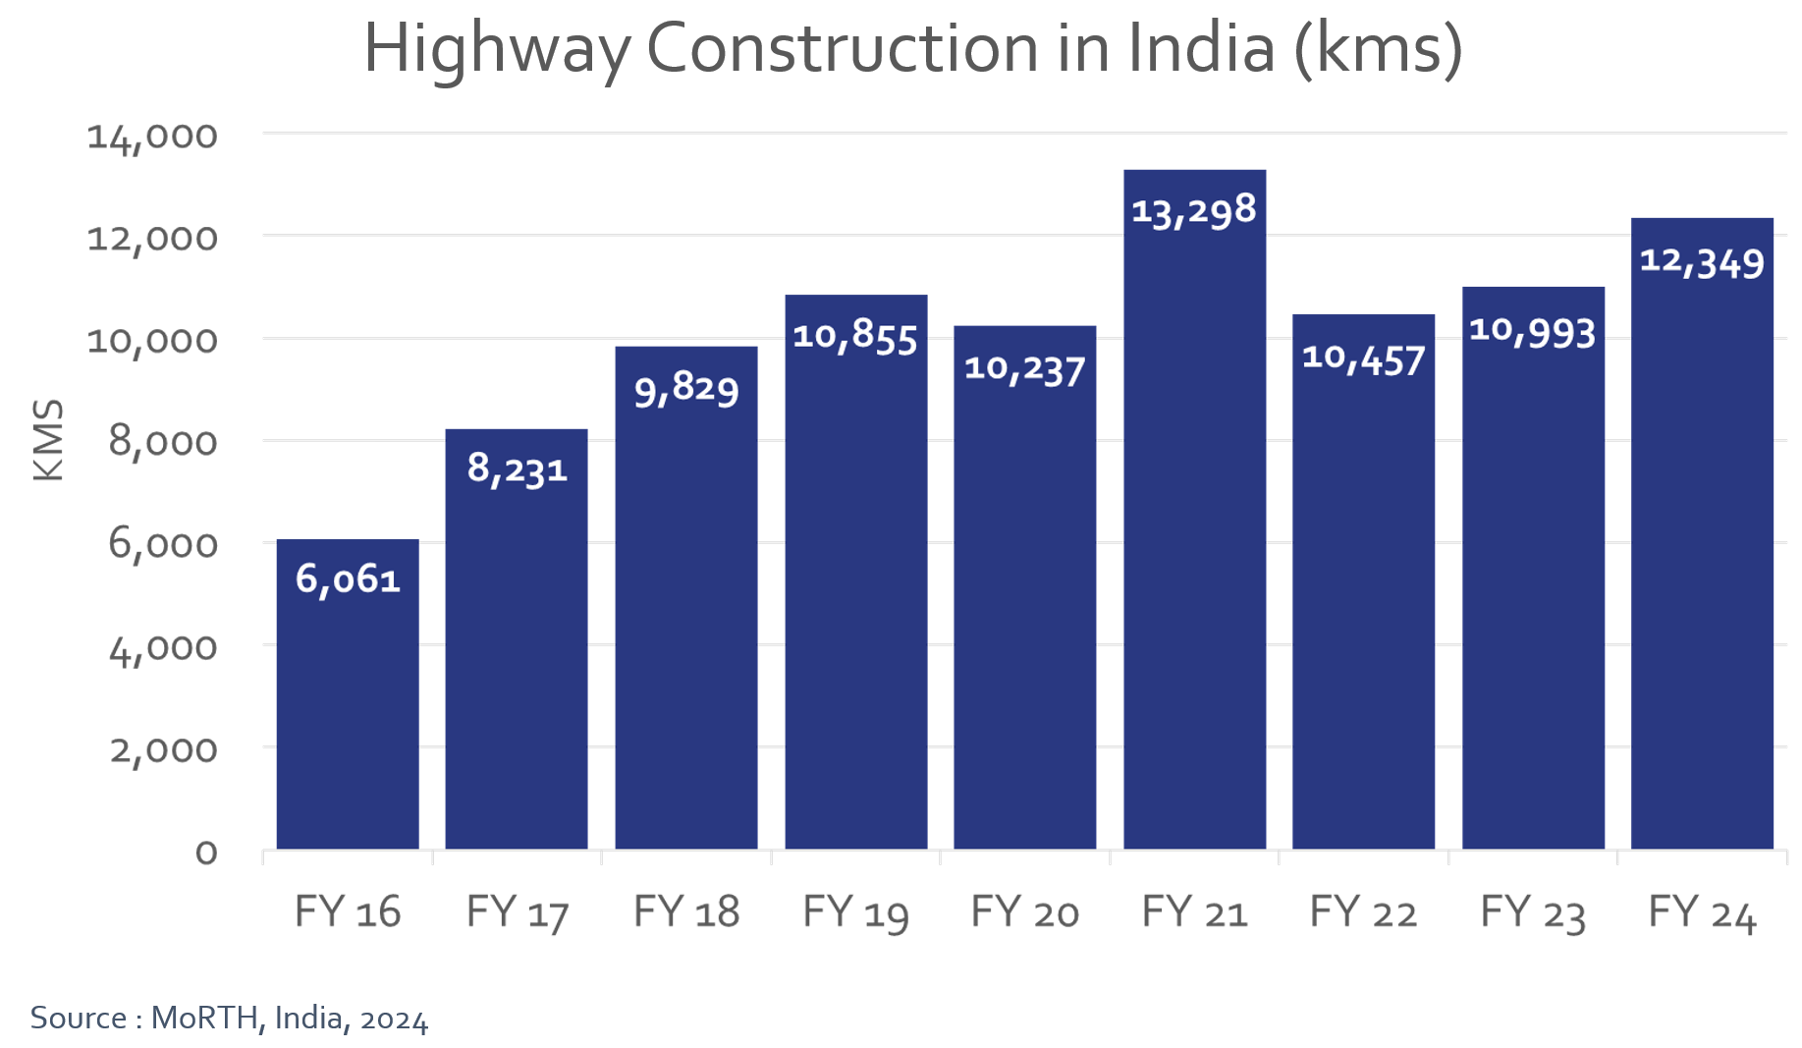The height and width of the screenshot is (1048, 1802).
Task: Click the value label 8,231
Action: coord(517,469)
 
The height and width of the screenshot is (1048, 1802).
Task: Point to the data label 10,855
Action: coord(854,336)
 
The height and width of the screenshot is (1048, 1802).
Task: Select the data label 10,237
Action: coord(1024,368)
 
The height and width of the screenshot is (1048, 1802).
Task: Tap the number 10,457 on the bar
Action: coord(1363,359)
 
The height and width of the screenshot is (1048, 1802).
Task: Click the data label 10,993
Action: coord(1532,331)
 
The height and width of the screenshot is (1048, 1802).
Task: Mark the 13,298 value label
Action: coord(1193,210)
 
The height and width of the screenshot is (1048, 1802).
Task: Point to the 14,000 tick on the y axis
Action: coord(152,137)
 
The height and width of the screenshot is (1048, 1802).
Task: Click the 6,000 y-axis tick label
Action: coord(163,544)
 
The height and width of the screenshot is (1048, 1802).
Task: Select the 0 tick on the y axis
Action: coord(206,853)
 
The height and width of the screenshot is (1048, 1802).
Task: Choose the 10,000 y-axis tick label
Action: coord(152,341)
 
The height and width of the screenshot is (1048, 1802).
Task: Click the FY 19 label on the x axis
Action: coord(855,913)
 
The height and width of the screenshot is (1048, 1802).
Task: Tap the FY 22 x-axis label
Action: coord(1363,913)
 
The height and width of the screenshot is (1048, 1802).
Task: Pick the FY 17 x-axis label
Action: coord(517,913)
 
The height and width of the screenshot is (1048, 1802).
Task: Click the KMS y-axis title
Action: coord(48,440)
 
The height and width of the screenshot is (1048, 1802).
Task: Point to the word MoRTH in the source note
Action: coord(205,1019)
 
